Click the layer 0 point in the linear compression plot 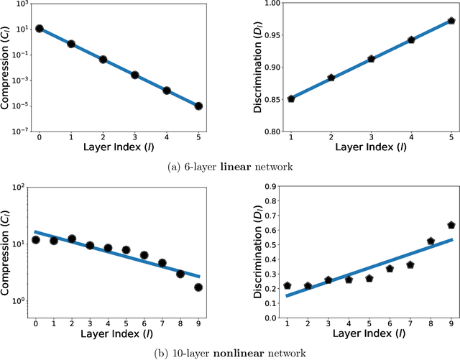pyautogui.click(x=40, y=29)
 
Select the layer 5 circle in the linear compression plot pyautogui.click(x=198, y=106)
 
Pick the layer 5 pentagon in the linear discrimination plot pyautogui.click(x=451, y=21)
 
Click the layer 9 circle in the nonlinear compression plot pyautogui.click(x=198, y=287)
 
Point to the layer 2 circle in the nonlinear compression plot pyautogui.click(x=72, y=239)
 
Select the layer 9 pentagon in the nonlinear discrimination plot pyautogui.click(x=451, y=226)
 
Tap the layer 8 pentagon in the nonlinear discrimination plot pyautogui.click(x=431, y=241)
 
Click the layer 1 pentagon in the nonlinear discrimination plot pyautogui.click(x=287, y=286)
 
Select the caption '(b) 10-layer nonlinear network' pyautogui.click(x=230, y=352)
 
